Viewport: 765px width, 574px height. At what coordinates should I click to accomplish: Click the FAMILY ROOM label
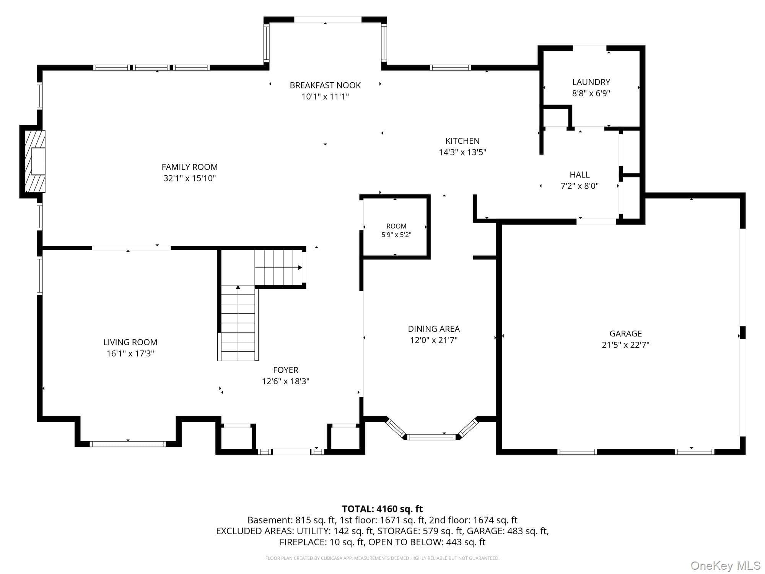point(190,167)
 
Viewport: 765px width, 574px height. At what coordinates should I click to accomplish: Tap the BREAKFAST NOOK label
point(325,85)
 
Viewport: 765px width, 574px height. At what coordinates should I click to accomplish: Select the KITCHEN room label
point(462,141)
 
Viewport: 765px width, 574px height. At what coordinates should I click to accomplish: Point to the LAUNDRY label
point(591,82)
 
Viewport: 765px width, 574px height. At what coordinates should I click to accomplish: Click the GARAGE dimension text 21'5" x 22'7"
point(626,345)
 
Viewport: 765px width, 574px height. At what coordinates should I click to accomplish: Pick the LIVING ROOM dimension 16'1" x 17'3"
point(130,353)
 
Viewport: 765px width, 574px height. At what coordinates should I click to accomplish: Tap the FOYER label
point(286,370)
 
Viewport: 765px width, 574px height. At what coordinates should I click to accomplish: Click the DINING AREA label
point(434,329)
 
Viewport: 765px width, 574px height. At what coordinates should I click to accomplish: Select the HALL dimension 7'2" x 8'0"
point(579,186)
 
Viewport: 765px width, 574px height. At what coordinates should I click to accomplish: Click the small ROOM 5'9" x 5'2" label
point(396,230)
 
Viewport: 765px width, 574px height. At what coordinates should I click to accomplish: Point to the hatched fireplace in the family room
point(35,161)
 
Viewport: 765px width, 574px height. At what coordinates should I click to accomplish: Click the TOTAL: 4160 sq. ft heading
point(382,509)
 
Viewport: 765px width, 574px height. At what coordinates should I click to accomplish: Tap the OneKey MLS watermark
point(726,566)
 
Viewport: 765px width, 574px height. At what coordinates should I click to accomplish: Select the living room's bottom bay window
point(128,444)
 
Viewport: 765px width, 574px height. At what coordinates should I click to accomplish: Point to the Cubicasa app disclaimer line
point(382,558)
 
